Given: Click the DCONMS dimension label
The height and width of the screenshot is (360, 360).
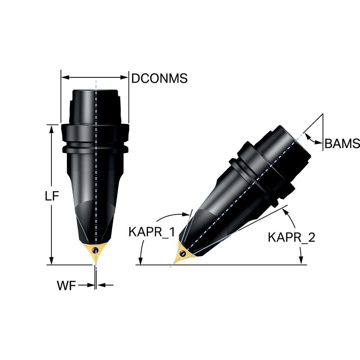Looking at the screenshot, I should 159,78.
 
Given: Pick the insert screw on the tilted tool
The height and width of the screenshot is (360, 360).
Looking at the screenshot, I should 183,254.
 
